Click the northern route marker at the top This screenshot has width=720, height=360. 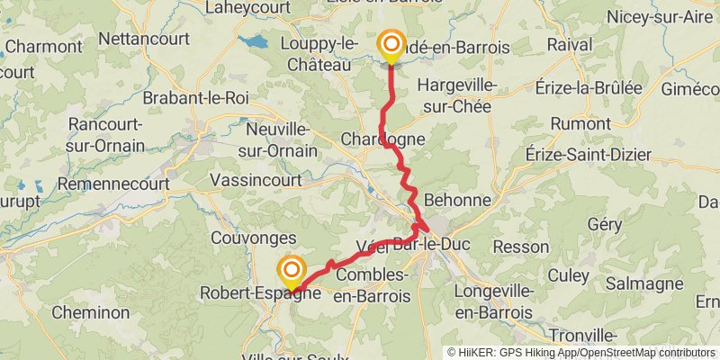pos(391,45)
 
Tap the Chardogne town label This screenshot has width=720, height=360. pos(382,139)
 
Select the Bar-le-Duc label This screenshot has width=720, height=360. pos(432,244)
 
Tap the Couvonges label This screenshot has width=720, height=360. pos(253,238)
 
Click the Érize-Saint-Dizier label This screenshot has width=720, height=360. pos(589,155)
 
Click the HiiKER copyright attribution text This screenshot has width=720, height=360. pos(581,353)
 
